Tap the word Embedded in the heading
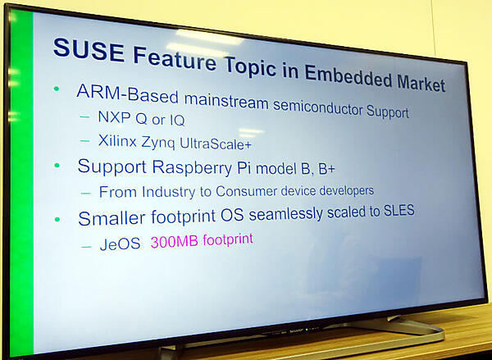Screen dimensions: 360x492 click(351, 76)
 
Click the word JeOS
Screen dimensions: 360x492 click(119, 244)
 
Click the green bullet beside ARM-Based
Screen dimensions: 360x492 click(57, 89)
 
